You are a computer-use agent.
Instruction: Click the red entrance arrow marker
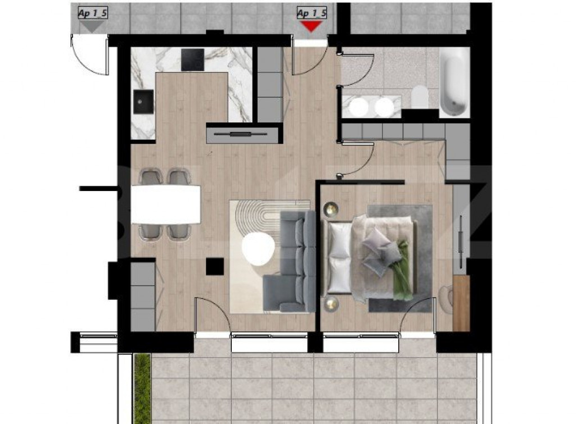pos(311,26)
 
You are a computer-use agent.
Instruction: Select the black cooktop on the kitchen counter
pos(193,59)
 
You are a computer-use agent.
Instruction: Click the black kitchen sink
pos(143,102)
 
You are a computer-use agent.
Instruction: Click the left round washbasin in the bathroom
pos(355,107)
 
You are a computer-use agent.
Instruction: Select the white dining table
pos(166,204)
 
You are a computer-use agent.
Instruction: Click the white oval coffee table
pos(256,248)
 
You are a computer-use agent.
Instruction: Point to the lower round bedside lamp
pos(330,304)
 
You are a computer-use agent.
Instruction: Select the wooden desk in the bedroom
pos(461,303)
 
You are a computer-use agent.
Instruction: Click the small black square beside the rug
pos(215,266)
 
